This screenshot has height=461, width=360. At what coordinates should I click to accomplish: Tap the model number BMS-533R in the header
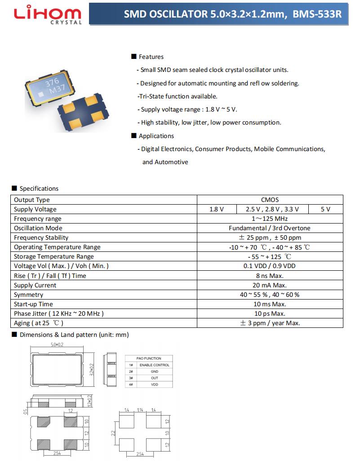tap(317, 14)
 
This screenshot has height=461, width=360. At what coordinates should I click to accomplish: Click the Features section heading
tap(151, 57)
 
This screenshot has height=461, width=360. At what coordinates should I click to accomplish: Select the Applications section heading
tap(156, 136)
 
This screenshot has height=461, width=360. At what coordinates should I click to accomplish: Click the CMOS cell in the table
tap(270, 200)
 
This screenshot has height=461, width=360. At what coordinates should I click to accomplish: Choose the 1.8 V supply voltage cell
tap(217, 209)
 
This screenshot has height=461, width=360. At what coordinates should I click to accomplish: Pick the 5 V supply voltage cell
tap(325, 209)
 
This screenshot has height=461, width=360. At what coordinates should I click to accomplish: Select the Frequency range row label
tap(38, 219)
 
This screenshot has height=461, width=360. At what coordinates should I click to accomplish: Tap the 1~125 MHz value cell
tap(270, 219)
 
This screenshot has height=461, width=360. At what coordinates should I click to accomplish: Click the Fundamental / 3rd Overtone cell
tap(270, 228)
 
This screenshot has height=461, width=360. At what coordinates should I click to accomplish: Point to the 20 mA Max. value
tap(270, 285)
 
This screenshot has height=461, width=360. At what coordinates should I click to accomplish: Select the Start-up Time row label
tap(33, 304)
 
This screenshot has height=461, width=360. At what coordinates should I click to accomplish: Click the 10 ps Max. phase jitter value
tap(270, 313)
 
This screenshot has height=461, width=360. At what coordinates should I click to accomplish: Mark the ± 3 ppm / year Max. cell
tap(270, 323)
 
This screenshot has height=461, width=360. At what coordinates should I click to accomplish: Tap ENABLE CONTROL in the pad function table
tap(154, 365)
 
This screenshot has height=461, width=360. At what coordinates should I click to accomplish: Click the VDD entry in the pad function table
tap(154, 385)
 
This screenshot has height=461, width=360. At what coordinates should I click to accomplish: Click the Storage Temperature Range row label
tap(54, 256)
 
